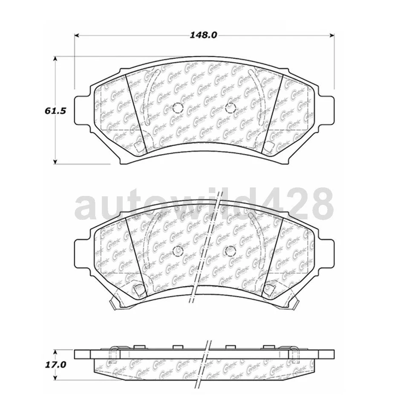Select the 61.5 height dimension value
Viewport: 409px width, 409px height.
(x=55, y=111)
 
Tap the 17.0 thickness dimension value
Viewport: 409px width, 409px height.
(x=55, y=365)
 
